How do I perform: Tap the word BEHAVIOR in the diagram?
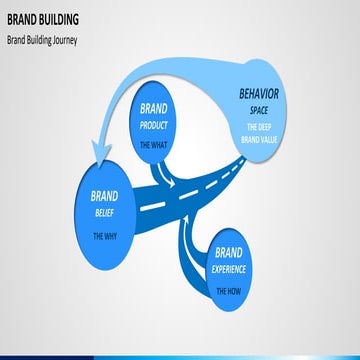tap(259, 96)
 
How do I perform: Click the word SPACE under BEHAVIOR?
tap(259, 109)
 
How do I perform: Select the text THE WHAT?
tap(153, 145)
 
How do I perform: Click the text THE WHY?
tap(104, 237)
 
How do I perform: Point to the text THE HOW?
tap(230, 290)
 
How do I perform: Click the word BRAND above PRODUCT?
tap(153, 108)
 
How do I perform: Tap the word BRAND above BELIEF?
tap(104, 196)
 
